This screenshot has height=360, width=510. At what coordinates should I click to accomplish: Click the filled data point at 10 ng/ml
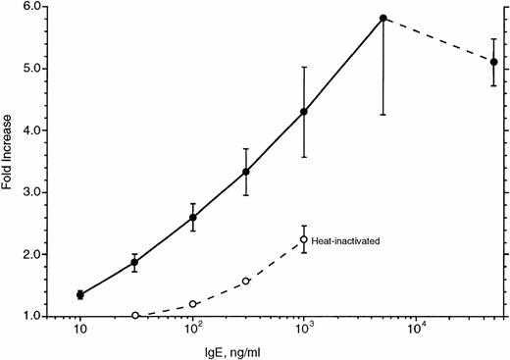click(x=79, y=294)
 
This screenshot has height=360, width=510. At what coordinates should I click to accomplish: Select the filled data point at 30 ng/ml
click(x=134, y=263)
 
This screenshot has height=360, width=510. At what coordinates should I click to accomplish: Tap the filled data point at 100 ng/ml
click(x=193, y=218)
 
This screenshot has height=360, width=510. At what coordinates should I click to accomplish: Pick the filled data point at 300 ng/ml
click(x=246, y=172)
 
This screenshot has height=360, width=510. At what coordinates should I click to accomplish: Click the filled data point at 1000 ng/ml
click(x=304, y=112)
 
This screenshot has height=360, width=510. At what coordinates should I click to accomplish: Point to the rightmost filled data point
click(x=493, y=62)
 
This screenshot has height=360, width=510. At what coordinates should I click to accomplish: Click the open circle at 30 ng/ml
click(x=134, y=316)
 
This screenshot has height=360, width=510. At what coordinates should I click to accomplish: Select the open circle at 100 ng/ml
click(x=193, y=304)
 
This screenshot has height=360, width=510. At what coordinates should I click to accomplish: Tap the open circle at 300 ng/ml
click(x=246, y=282)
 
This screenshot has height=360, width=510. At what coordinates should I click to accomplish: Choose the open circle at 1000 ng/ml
click(x=304, y=239)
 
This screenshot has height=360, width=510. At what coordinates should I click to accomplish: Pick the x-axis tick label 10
click(x=79, y=331)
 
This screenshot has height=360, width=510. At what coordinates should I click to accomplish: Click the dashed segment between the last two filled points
click(x=438, y=40)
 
